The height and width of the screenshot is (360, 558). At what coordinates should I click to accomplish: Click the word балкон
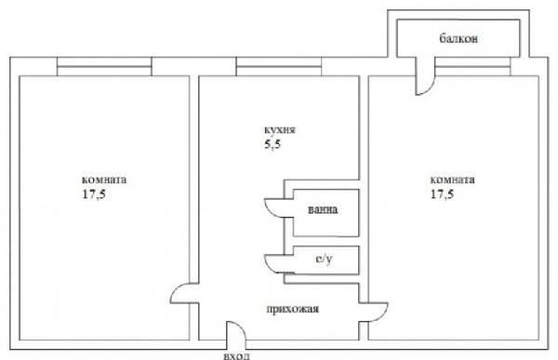pos(458,38)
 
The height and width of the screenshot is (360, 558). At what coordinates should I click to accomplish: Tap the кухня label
pos(280,130)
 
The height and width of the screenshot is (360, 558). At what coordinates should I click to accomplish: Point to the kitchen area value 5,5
pos(272,144)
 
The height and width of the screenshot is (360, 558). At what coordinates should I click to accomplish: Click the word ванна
pos(323,209)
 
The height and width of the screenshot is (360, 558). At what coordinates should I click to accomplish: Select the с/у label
pos(325,260)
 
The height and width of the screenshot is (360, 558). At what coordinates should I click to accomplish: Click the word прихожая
pos(293,309)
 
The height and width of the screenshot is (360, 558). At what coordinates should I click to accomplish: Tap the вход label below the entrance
pos(236,355)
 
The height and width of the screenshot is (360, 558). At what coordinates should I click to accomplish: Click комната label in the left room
pos(104,180)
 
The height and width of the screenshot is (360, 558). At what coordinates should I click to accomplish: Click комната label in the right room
pos(452,180)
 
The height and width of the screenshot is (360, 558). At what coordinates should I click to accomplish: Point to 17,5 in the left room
pos(94,194)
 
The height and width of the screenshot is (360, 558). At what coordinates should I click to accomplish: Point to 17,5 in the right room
pos(443,194)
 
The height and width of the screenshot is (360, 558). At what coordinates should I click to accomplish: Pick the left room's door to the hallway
pos(184,293)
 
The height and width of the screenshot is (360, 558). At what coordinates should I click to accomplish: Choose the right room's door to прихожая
pos(373,313)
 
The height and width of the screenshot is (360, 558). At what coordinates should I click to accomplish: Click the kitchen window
pos(279,67)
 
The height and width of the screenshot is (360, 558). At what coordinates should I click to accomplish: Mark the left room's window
pos(104,67)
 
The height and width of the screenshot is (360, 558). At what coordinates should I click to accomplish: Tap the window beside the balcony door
pos(473,67)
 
